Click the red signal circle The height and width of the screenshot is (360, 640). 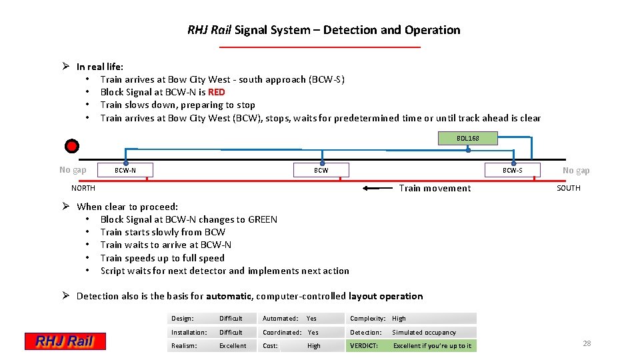[x=72, y=146]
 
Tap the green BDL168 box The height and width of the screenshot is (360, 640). [x=467, y=138]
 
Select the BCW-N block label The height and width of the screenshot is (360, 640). [x=125, y=170]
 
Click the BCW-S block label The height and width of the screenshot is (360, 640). [x=512, y=170]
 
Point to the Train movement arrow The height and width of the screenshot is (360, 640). [x=378, y=188]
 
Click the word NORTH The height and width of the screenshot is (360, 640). [x=83, y=188]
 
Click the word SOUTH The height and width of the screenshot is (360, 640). [x=568, y=188]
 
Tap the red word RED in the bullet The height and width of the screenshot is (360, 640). [x=217, y=92]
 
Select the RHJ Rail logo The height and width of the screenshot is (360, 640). [x=65, y=341]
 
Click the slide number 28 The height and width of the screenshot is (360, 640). [x=587, y=343]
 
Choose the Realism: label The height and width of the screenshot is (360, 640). [x=184, y=345]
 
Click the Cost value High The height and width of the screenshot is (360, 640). [x=313, y=345]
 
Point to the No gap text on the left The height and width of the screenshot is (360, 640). [x=73, y=170]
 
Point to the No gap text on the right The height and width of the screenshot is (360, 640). [x=576, y=170]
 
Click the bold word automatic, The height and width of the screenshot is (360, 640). [x=229, y=296]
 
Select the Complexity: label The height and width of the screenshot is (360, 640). [x=368, y=319]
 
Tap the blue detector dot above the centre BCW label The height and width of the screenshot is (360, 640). [x=322, y=161]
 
